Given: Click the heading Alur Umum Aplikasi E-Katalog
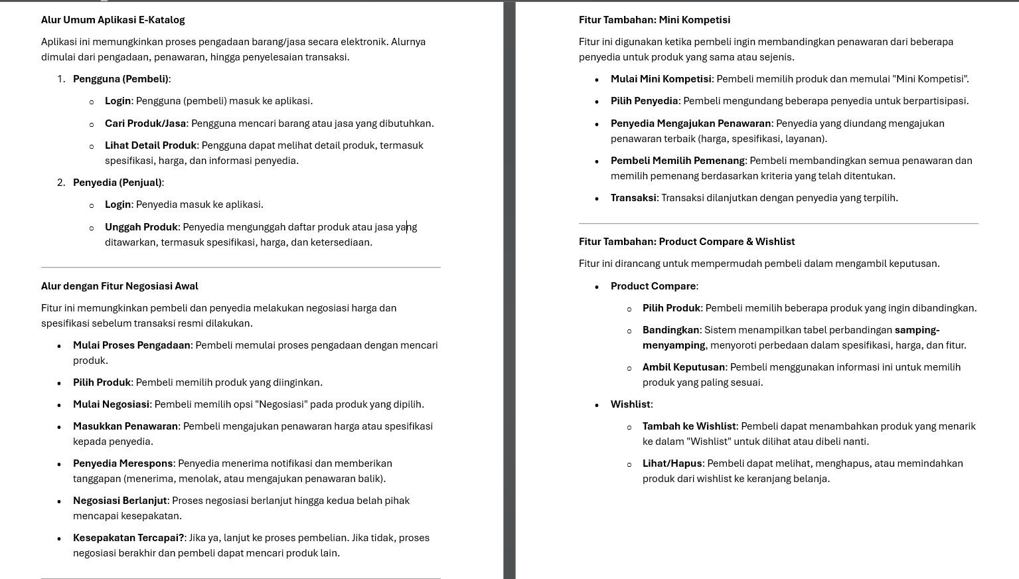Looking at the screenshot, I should (x=113, y=20).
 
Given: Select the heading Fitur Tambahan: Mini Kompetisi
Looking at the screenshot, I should (x=654, y=20).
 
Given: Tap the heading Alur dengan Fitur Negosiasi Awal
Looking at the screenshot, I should (x=119, y=286).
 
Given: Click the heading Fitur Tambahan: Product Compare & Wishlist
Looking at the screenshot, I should (x=686, y=242).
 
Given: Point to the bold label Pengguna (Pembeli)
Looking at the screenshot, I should (x=121, y=79).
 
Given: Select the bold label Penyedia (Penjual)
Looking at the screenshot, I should (x=118, y=183).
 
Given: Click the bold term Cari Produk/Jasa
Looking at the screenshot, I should (x=145, y=124).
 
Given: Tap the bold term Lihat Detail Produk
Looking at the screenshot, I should (x=151, y=145).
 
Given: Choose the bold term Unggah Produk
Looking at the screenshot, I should (x=141, y=227).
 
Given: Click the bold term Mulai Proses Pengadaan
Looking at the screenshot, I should (x=132, y=345).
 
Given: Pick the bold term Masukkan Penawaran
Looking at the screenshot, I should (x=125, y=426).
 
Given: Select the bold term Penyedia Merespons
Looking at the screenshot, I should (x=123, y=463).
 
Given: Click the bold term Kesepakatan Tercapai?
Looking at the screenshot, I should (x=129, y=538).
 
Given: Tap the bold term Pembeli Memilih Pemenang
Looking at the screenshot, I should (x=678, y=161).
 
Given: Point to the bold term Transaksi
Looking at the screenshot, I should (x=633, y=198).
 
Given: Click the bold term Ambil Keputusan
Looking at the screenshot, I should (x=684, y=367).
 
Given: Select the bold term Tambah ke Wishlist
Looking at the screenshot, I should (x=689, y=426).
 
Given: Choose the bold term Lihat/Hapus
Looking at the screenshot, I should (x=672, y=463).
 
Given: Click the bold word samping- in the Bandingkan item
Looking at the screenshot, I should (x=917, y=330).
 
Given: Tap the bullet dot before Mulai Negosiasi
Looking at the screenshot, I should (x=60, y=405).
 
